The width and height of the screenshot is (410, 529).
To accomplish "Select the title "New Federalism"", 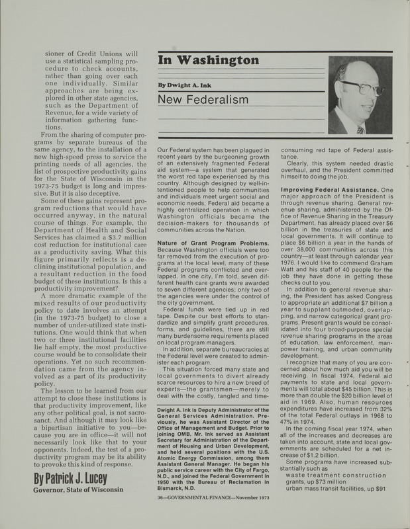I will coord(203,100).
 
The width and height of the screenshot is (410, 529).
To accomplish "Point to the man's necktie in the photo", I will coord(360,129).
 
